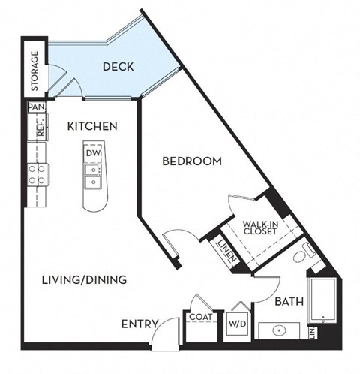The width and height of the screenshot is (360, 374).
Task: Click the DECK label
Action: point(118,67)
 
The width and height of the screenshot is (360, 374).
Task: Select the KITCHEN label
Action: point(91,126)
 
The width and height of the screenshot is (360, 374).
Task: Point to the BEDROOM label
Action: point(193,161)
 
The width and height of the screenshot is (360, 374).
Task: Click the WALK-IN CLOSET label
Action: point(260,227)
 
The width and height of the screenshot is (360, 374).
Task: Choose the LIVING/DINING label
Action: point(84,279)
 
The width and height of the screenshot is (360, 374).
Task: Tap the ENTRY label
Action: point(140,324)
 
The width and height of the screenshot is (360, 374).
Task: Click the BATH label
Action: point(289,302)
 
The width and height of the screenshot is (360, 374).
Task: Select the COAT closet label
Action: point(200,317)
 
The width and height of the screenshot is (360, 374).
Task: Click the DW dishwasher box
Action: point(93,154)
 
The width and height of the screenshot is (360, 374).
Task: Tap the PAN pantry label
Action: point(34,107)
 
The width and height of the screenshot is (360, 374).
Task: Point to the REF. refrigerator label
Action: point(34,128)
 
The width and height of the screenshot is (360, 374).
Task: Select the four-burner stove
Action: point(35,176)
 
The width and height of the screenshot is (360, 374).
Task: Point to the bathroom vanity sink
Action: point(280,330)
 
